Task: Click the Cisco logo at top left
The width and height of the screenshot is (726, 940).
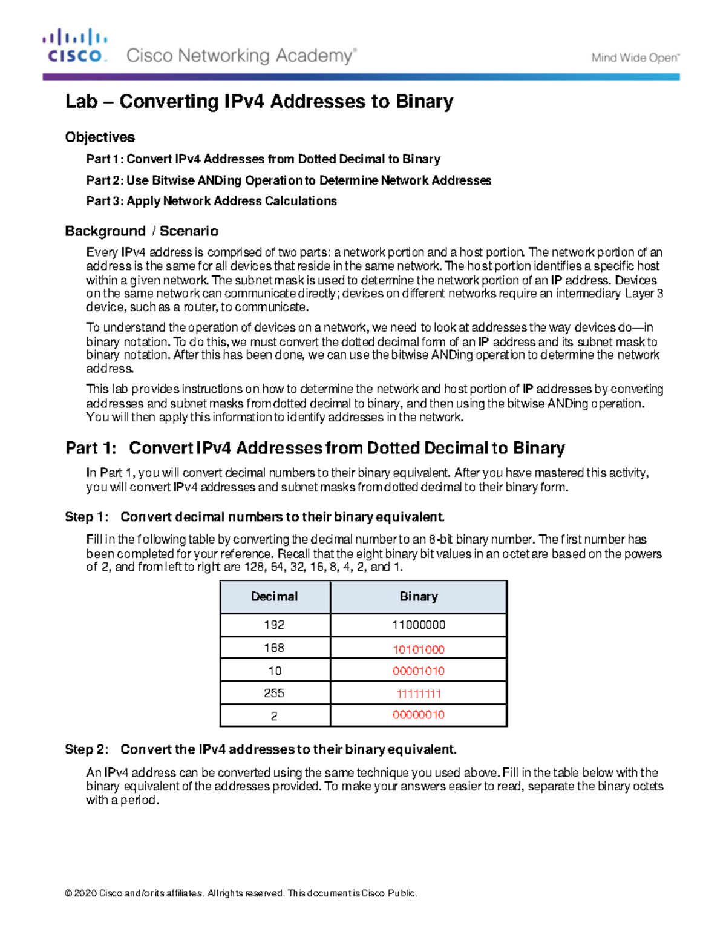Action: (x=75, y=46)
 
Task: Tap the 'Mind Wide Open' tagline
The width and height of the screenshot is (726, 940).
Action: (x=635, y=58)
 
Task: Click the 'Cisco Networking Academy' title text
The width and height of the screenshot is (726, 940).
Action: (x=241, y=56)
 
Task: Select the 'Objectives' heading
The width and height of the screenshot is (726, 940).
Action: (x=100, y=137)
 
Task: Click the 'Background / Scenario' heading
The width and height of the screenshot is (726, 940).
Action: (x=142, y=231)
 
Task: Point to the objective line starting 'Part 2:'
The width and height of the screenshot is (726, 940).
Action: (x=288, y=180)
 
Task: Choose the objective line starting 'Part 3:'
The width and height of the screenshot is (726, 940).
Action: (x=211, y=201)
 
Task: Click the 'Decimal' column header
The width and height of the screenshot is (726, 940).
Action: (x=274, y=597)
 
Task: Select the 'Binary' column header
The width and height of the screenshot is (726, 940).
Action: (x=418, y=597)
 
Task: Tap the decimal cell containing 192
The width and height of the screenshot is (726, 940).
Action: (x=274, y=625)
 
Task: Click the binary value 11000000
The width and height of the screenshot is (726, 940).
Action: (x=418, y=625)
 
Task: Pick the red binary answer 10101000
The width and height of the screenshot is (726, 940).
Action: (x=418, y=649)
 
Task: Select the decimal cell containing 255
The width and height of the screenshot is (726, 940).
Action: (x=274, y=694)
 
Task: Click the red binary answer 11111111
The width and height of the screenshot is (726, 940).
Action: (x=418, y=694)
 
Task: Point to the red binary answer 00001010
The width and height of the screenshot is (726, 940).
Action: (x=418, y=671)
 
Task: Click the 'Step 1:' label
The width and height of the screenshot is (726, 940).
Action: (x=87, y=517)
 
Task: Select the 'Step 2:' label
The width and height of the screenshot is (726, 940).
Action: (x=87, y=749)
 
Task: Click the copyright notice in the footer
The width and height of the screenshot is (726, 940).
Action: (x=241, y=893)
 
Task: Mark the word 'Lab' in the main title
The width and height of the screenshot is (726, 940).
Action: (x=81, y=101)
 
